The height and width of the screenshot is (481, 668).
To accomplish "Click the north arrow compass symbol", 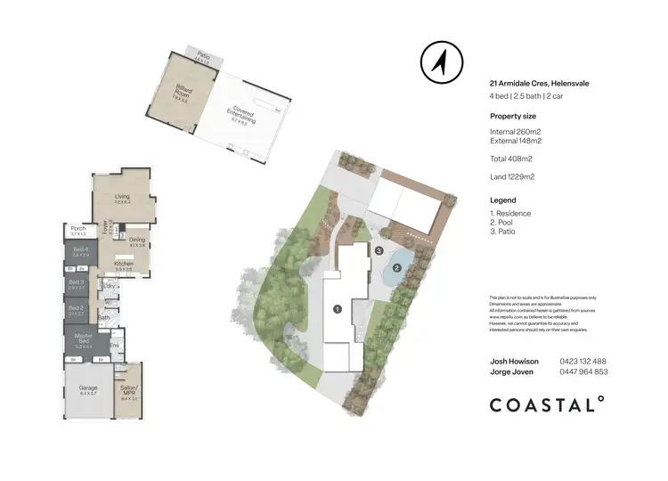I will point(438,61).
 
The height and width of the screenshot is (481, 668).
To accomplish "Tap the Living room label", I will point(121,197).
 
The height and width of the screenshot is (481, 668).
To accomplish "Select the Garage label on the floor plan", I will point(88,388).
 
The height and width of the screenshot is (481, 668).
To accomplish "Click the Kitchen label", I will point(123,264).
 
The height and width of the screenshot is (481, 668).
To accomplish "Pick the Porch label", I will point(78,228).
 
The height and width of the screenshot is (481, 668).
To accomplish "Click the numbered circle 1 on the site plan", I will point(337,309).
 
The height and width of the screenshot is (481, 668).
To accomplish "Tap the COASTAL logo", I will point(547,405).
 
